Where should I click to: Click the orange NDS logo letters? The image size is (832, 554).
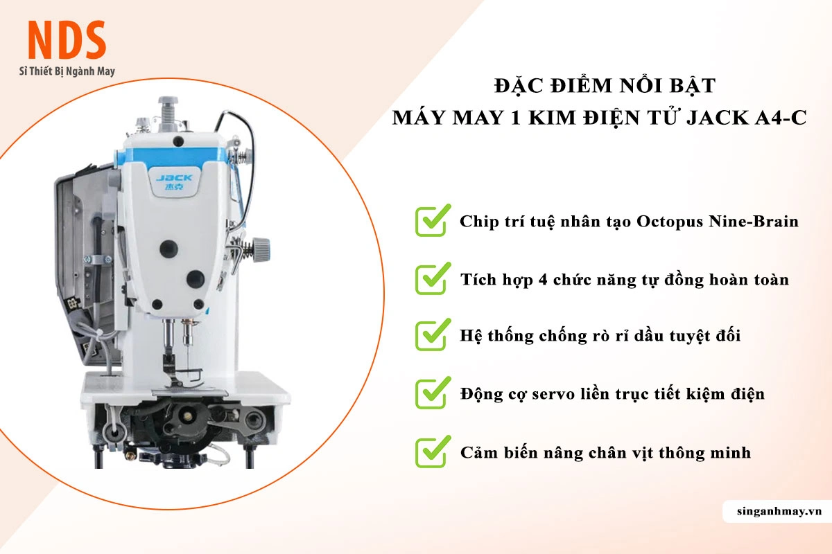point(67,40)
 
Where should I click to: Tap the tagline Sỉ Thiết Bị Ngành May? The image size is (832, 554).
point(67,71)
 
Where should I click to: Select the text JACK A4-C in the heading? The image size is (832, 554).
point(747,118)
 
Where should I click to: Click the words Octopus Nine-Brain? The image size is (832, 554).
point(717,222)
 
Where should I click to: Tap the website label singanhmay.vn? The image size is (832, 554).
point(779,511)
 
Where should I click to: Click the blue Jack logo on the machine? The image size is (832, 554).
point(174,181)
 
